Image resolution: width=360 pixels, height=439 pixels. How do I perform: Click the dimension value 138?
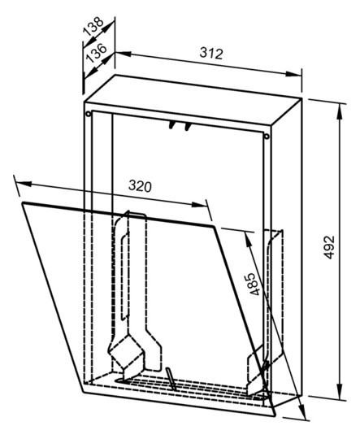click(94, 27)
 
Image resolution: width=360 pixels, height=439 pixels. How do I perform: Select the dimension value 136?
click(97, 53)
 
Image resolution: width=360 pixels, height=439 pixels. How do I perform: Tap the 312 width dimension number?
click(211, 53)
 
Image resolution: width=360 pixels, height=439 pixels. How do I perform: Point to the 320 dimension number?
click(140, 186)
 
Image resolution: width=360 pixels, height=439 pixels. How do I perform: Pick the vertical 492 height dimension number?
click(329, 247)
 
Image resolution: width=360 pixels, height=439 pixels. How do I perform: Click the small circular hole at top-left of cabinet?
click(89, 114)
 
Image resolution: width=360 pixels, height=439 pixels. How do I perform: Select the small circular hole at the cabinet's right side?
click(267, 137)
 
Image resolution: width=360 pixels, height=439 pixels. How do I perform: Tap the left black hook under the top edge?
click(171, 125)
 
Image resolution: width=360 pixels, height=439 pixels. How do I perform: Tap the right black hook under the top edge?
click(187, 127)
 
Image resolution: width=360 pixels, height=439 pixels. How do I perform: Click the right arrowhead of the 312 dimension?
click(293, 74)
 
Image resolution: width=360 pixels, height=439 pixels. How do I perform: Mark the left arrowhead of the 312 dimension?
click(124, 53)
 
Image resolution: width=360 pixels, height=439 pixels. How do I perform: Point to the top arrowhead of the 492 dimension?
click(340, 111)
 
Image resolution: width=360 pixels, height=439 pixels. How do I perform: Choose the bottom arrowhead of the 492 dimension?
click(340, 391)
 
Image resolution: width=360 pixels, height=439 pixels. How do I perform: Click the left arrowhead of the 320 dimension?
click(24, 184)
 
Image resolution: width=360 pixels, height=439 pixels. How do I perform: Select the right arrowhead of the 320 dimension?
click(199, 205)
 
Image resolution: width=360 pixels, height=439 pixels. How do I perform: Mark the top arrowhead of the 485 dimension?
click(248, 240)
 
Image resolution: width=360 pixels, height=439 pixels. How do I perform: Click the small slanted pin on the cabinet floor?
click(171, 379)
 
